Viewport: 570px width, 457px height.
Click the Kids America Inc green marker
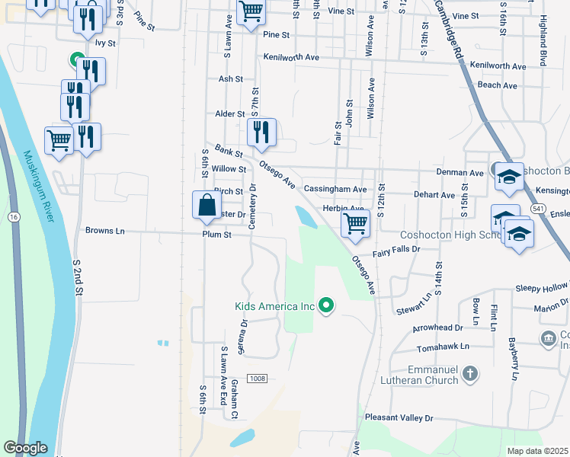tap(327, 306)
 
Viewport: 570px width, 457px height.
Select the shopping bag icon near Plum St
tap(207, 205)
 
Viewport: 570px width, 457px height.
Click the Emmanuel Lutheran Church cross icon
tap(471, 373)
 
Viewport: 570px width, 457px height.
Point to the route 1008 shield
tap(257, 379)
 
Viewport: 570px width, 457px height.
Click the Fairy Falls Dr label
tap(396, 249)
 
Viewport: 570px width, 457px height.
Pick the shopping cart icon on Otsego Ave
tap(354, 224)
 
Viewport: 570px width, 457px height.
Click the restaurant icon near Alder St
tap(261, 132)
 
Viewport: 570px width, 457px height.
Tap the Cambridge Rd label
tap(449, 29)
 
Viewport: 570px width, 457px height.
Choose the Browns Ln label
tap(104, 230)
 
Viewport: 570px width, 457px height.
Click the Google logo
tap(25, 448)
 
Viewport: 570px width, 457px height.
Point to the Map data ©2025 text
tap(537, 451)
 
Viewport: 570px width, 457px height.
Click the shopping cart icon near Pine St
tap(250, 11)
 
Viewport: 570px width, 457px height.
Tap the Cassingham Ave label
tap(335, 188)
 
